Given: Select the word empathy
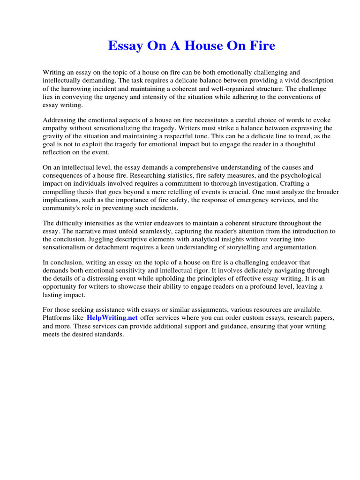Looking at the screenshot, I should point(57,128).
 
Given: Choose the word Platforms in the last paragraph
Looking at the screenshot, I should point(57,317).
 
